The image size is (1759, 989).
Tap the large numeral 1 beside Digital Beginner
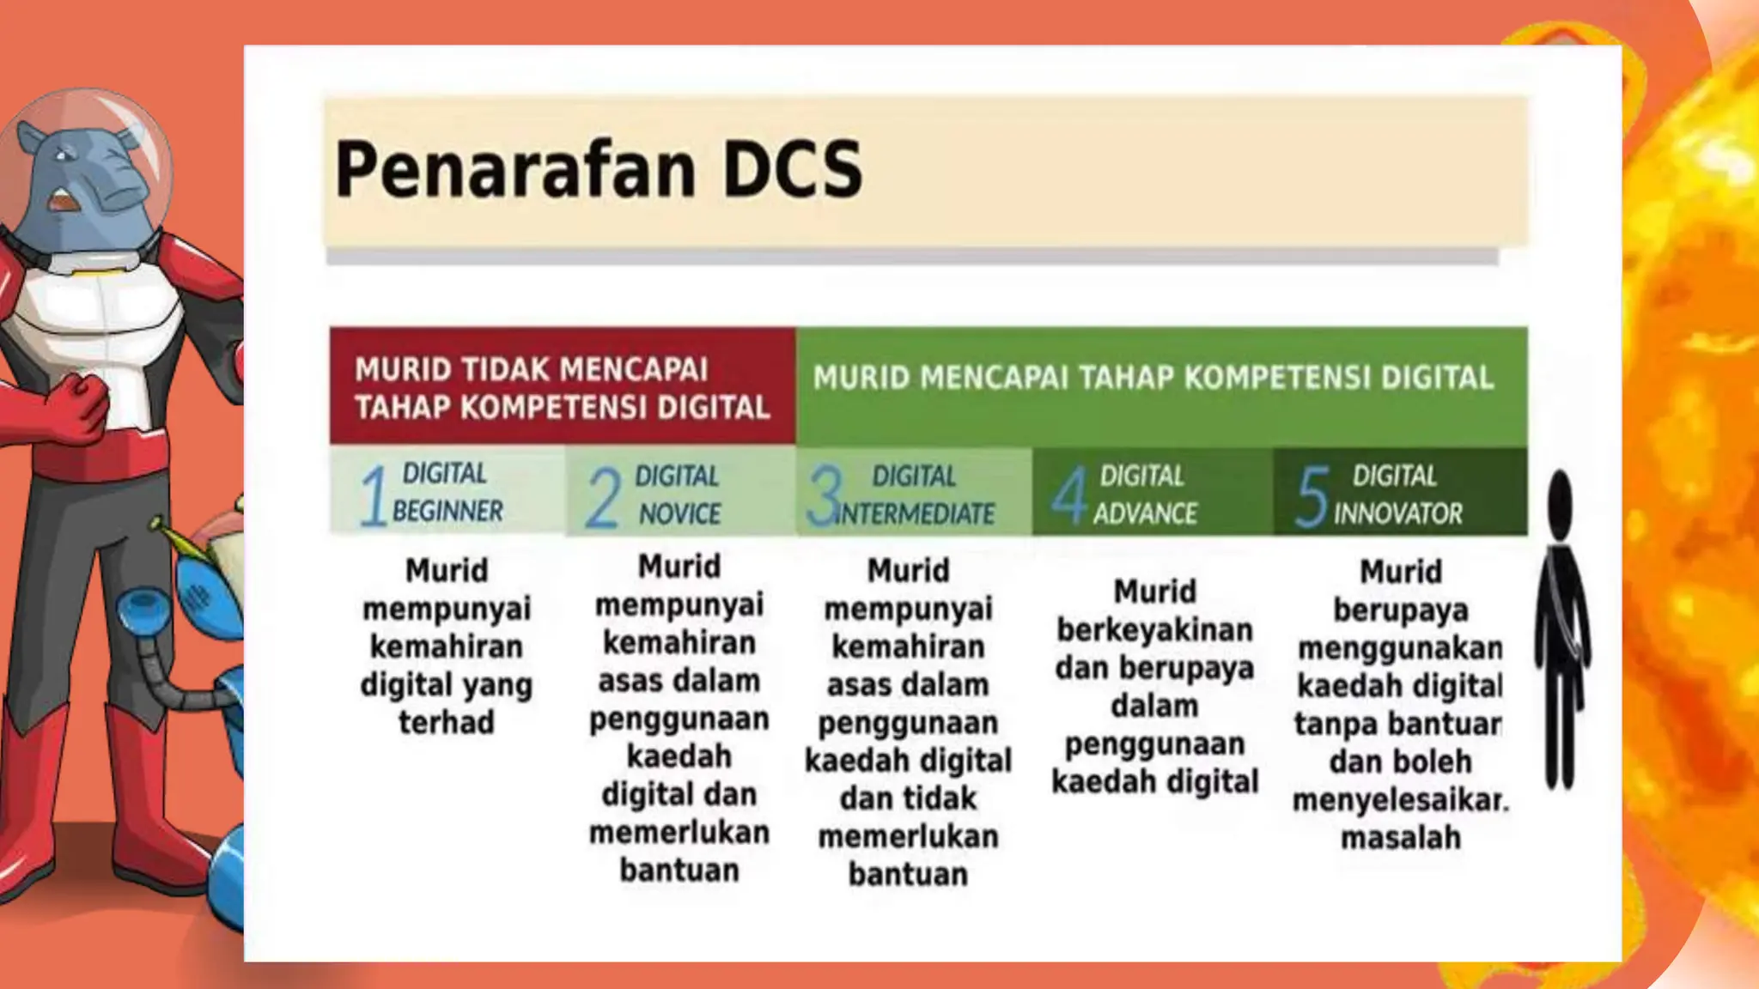tap(373, 495)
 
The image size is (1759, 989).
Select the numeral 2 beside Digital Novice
tap(603, 497)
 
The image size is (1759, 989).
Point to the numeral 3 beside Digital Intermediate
tap(825, 495)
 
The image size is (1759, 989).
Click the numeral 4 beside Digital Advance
tap(1069, 495)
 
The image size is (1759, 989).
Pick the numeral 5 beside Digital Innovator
tap(1312, 495)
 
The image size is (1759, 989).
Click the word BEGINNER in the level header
tap(447, 512)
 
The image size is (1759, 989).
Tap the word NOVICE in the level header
tap(679, 514)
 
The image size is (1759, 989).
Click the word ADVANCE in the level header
tap(1145, 514)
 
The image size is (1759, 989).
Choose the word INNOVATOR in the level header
tap(1397, 514)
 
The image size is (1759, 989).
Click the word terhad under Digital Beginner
tap(447, 722)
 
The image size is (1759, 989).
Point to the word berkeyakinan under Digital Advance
tap(1154, 630)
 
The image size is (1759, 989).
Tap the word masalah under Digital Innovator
tap(1400, 837)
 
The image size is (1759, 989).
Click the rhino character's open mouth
tap(62, 202)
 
